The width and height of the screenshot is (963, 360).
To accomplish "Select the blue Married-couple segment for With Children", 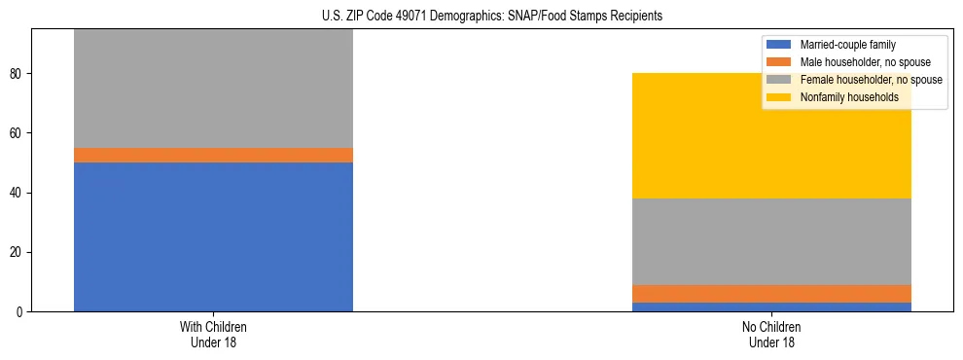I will click(213, 236).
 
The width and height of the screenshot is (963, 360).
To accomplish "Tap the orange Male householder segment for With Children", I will click(213, 155).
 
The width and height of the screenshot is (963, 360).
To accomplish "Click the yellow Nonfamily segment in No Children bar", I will click(771, 135).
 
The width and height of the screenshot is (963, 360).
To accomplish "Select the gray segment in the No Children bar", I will click(771, 241).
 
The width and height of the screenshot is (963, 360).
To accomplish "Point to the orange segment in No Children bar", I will click(771, 294).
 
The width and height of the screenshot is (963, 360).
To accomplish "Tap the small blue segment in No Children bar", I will click(771, 307).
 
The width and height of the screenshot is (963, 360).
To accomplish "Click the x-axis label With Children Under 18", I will click(213, 335).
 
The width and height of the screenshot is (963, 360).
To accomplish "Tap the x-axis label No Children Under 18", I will click(771, 335).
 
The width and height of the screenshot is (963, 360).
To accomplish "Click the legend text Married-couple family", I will click(847, 45).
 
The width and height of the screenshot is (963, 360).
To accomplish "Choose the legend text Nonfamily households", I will click(843, 97).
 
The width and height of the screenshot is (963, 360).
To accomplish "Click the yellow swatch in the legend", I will click(780, 97).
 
